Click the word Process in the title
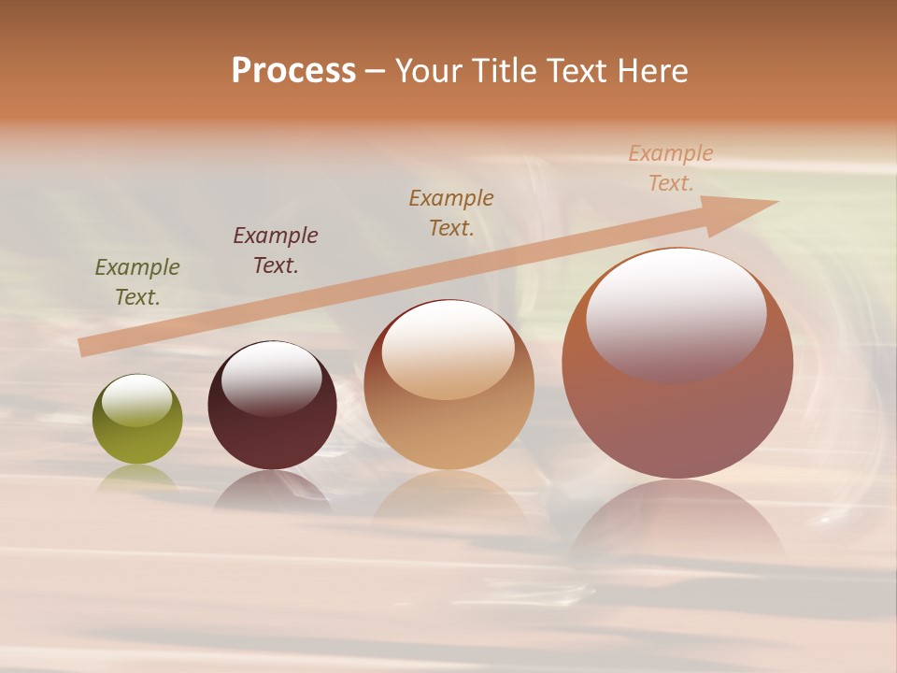click(293, 71)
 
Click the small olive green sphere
click(137, 439)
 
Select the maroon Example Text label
click(276, 251)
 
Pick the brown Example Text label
click(451, 213)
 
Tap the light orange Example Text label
click(671, 168)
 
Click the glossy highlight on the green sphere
click(137, 400)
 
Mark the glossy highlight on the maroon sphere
click(271, 379)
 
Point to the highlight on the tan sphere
click(448, 350)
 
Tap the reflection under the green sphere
click(137, 478)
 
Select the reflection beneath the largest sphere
click(677, 523)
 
